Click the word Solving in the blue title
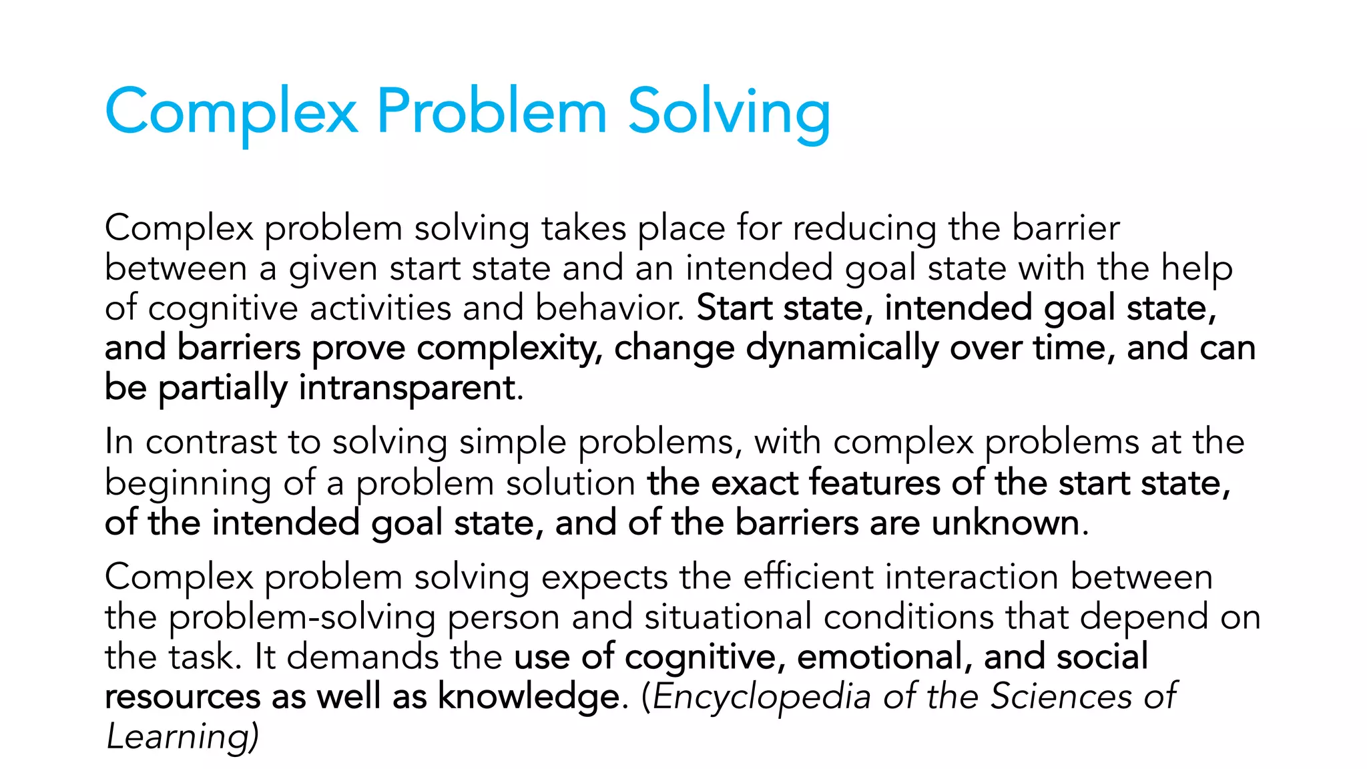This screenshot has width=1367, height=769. (x=729, y=112)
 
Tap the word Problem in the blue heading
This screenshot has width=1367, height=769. (x=491, y=111)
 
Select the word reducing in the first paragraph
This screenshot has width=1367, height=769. (x=864, y=230)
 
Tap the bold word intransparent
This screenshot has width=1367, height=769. (x=407, y=388)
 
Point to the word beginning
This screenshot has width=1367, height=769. (x=188, y=484)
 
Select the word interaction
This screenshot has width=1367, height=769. (x=972, y=577)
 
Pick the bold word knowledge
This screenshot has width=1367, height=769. (x=529, y=697)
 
